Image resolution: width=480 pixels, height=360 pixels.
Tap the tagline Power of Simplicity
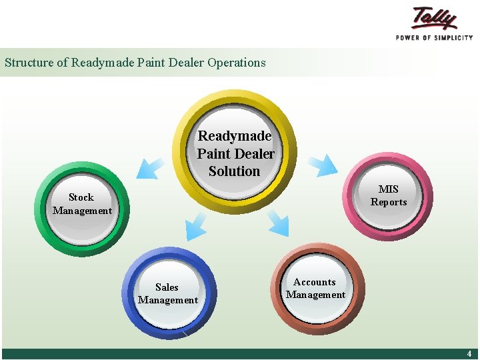(434, 38)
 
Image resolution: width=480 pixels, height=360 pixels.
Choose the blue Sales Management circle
(168, 294)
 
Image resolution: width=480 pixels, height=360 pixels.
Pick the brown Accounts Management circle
(315, 288)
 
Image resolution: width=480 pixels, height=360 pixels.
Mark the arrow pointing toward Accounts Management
(277, 223)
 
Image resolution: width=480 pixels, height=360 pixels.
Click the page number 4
(469, 354)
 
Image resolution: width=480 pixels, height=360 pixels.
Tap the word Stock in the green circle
(81, 197)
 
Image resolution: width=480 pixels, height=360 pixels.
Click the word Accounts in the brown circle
(315, 282)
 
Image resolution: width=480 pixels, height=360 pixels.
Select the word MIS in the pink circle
(389, 189)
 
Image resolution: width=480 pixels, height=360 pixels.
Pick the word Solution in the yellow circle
(235, 171)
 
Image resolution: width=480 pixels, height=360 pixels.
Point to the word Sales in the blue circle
(167, 287)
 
